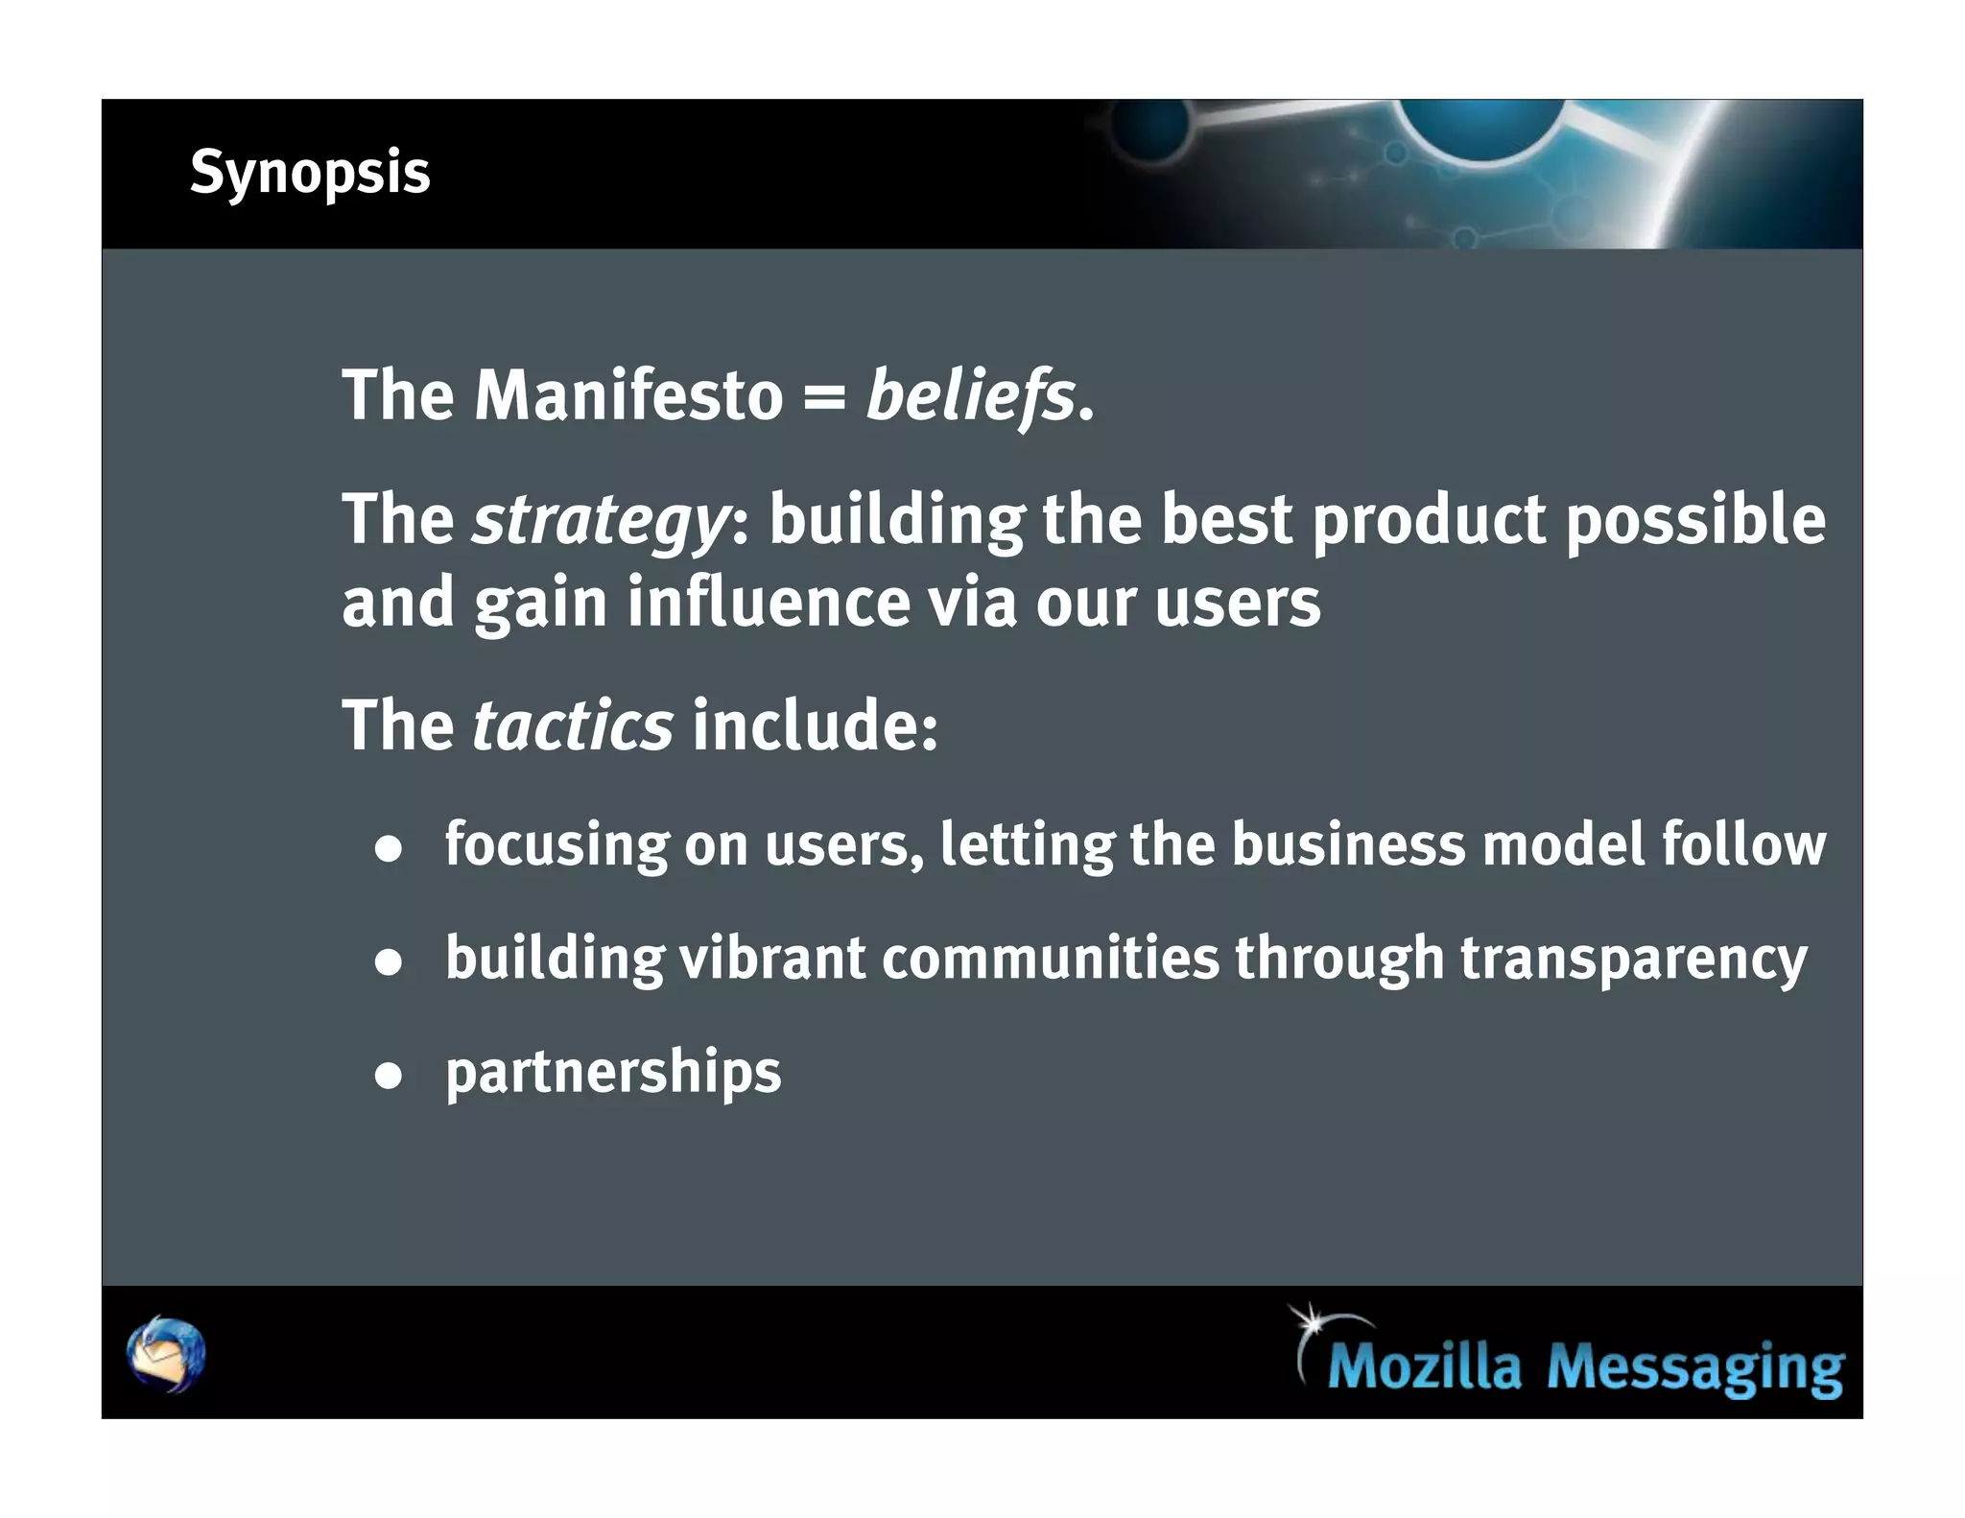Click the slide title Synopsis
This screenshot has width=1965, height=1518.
pyautogui.click(x=310, y=174)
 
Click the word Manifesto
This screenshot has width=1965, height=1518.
pyautogui.click(x=628, y=395)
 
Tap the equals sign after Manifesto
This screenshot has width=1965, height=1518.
pyautogui.click(x=823, y=397)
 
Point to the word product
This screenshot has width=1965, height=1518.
pyautogui.click(x=1429, y=521)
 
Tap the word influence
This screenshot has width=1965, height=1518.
pyautogui.click(x=769, y=603)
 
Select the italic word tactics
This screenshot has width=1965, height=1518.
pyautogui.click(x=573, y=725)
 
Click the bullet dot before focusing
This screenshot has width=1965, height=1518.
pyautogui.click(x=388, y=849)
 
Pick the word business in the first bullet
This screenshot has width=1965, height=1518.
pyautogui.click(x=1348, y=844)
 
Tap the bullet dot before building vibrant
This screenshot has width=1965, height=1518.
pyautogui.click(x=388, y=961)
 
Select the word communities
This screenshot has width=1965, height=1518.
pyautogui.click(x=1050, y=958)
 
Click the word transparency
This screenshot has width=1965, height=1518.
pyautogui.click(x=1633, y=960)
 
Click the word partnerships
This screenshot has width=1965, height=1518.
pyautogui.click(x=613, y=1072)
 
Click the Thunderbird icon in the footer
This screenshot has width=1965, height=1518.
pyautogui.click(x=166, y=1354)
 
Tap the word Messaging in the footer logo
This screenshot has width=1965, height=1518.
pyautogui.click(x=1694, y=1367)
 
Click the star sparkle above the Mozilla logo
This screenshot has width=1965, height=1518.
pyautogui.click(x=1310, y=1321)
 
